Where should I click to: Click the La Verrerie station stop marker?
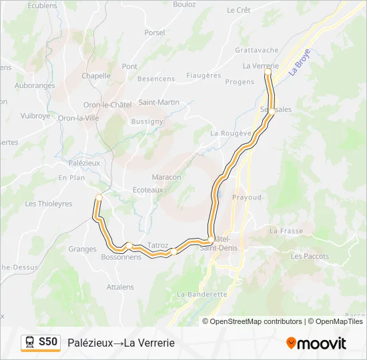tap(268, 71)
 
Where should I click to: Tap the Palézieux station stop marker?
tap(99, 197)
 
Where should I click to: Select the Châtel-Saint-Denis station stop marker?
tap(211, 239)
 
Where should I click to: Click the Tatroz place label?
tap(158, 245)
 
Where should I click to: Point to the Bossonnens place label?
tap(121, 257)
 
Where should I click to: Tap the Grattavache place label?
tap(256, 50)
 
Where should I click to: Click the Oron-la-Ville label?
tap(77, 118)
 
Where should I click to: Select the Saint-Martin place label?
tap(159, 102)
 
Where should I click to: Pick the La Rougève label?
tap(228, 133)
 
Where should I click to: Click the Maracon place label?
tap(166, 177)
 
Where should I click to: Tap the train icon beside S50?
tap(31, 342)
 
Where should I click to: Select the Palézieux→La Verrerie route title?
tap(121, 343)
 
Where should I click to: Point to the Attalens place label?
tap(120, 287)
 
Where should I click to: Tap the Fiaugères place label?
tap(203, 75)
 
